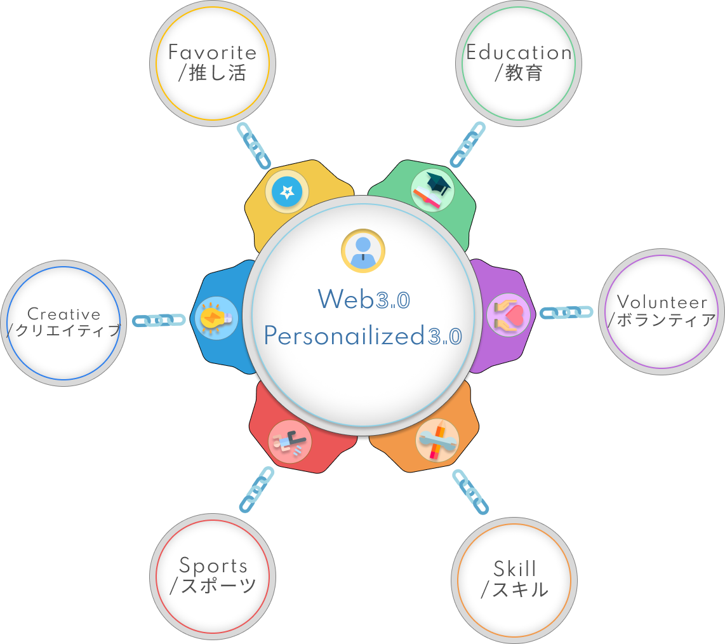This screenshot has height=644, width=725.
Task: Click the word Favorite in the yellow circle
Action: tap(212, 53)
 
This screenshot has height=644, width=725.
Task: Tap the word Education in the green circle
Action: tap(519, 53)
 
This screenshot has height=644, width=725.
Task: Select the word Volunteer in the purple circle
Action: tap(662, 302)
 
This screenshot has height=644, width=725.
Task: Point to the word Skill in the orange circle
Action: tap(515, 568)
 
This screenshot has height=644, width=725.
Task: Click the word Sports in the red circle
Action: tap(213, 565)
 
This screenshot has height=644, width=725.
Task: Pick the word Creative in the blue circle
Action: tap(64, 314)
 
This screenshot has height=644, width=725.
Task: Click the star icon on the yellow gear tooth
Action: tap(287, 191)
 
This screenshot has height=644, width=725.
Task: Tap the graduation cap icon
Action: tap(433, 189)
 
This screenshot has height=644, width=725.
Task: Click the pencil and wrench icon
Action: tap(437, 440)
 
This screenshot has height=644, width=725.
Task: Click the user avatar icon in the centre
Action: tap(362, 250)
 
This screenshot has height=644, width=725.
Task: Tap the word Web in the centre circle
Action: tap(346, 299)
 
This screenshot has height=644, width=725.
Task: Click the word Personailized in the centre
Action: tap(343, 336)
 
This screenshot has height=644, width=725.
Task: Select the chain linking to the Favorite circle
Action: tap(254, 145)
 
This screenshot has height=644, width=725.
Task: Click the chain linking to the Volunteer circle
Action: tap(566, 312)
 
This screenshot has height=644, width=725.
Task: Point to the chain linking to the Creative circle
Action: tap(159, 320)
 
